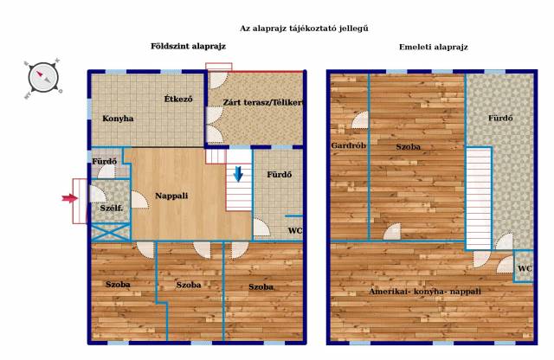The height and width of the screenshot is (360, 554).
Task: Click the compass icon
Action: point(43,78)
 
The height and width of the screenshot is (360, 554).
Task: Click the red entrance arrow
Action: point(69,198)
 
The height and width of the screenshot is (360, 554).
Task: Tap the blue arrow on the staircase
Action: point(239,173)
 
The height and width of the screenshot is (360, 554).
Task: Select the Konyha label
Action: point(118,119)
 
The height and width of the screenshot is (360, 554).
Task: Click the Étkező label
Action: point(178,99)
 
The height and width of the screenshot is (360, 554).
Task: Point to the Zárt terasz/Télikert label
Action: point(263,102)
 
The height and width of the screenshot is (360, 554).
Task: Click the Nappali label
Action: point(171,196)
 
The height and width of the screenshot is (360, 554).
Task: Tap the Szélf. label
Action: point(112,208)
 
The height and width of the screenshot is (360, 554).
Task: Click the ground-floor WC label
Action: point(295,231)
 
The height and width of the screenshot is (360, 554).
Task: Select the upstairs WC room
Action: point(524,267)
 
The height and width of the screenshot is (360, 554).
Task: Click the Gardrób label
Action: point(348,145)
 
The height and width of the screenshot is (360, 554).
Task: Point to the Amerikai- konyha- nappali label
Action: point(425,292)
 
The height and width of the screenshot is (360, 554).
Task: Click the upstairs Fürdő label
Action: point(500,118)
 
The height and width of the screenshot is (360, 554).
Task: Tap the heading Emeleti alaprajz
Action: point(434,47)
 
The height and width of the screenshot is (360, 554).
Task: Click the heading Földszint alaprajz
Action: point(188,46)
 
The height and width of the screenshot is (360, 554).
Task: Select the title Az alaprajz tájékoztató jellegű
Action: point(304,29)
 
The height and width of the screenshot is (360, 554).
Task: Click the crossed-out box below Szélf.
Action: point(112,232)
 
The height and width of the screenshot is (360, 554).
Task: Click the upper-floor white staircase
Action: point(479,198)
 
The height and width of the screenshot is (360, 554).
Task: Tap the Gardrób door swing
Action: point(360,119)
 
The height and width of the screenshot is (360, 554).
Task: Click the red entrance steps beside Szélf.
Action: point(80,201)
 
